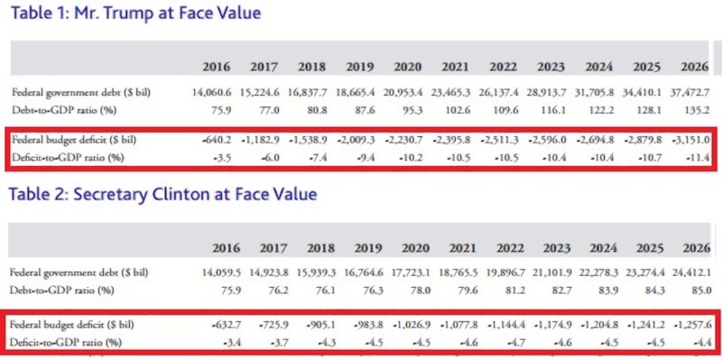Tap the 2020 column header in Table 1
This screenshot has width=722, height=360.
point(408,67)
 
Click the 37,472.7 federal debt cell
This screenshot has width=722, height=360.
point(690,93)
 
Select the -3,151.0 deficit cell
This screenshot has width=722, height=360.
point(690,140)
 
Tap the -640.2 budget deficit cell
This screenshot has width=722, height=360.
point(217,140)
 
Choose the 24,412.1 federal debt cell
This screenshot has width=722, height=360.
point(692,272)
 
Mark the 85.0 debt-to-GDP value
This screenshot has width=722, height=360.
point(701,291)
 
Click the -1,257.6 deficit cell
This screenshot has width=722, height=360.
point(692,325)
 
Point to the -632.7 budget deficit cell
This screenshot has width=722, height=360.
point(225,325)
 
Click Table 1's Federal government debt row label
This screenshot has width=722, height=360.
point(81,92)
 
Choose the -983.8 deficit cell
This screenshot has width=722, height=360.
point(369,325)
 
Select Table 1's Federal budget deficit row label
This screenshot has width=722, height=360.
point(74,140)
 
